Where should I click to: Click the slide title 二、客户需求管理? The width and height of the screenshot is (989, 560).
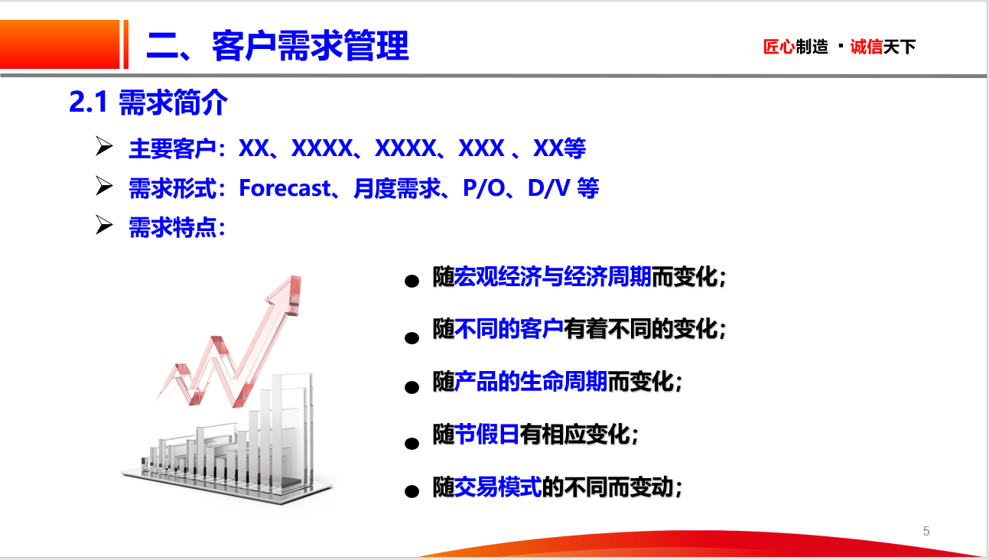click(x=278, y=45)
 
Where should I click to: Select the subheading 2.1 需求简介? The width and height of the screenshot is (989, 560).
click(x=148, y=102)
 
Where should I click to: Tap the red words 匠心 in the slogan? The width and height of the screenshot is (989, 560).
click(x=779, y=47)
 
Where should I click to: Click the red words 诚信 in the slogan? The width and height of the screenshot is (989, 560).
click(x=867, y=47)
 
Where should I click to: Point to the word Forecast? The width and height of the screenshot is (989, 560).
click(x=285, y=188)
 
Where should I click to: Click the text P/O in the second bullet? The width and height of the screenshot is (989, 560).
click(x=484, y=188)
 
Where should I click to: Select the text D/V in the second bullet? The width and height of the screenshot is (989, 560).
click(x=548, y=188)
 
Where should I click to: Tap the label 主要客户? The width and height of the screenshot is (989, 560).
click(x=172, y=148)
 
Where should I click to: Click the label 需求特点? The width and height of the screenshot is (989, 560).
click(x=172, y=228)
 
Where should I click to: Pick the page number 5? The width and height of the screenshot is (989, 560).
click(x=926, y=531)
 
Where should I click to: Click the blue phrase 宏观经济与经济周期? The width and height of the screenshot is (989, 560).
click(x=553, y=277)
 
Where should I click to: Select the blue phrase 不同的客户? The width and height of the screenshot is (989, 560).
click(x=509, y=329)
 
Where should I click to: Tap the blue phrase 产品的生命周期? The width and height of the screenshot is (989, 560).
click(x=531, y=382)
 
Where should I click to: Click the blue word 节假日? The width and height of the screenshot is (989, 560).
click(x=487, y=434)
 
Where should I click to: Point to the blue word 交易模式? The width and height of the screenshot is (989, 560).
click(x=498, y=487)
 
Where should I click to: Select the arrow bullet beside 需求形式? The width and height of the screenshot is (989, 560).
click(x=104, y=186)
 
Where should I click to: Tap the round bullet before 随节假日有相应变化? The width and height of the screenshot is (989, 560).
click(x=412, y=443)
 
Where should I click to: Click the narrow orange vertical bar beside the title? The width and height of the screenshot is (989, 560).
click(x=126, y=44)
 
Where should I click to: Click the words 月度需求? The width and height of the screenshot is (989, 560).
click(x=397, y=188)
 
